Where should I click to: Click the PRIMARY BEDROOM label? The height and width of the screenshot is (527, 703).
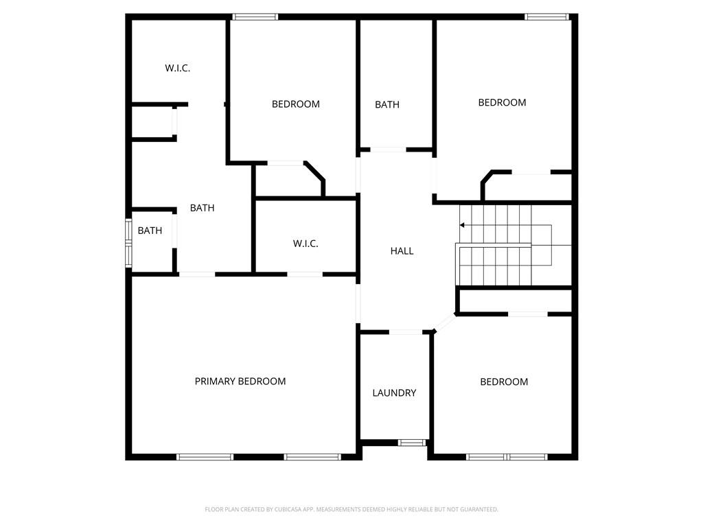(240, 382)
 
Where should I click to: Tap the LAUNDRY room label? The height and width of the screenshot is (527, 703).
(394, 393)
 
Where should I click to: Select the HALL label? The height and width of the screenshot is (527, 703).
(402, 251)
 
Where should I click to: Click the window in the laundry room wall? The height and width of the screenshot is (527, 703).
(413, 443)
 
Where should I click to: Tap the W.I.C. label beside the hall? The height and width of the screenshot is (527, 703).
(306, 244)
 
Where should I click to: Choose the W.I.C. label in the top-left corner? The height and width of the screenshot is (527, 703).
(177, 68)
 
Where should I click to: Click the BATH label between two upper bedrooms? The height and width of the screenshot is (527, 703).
(387, 105)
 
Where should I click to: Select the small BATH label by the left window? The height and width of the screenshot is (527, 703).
(150, 231)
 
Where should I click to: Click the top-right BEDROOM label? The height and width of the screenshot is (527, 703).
(502, 102)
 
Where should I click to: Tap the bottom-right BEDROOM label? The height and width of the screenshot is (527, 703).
(504, 382)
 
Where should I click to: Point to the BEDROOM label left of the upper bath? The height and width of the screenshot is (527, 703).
(296, 104)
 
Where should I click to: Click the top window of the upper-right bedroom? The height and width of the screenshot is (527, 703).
(547, 16)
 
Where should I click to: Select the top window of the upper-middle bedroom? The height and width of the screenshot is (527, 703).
(255, 16)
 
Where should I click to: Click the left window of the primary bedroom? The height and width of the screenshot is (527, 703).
(205, 456)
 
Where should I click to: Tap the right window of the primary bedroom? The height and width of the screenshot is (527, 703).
(312, 456)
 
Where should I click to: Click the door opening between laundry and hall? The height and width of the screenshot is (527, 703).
(406, 332)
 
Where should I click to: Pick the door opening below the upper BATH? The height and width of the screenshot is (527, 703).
(388, 150)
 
